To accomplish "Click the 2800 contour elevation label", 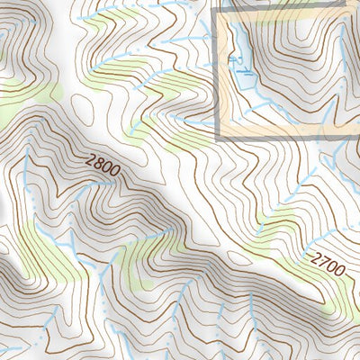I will pyautogui.click(x=103, y=166).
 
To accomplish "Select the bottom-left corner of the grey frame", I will pyautogui.click(x=218, y=139).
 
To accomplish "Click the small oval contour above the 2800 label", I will pyautogui.click(x=86, y=113).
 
